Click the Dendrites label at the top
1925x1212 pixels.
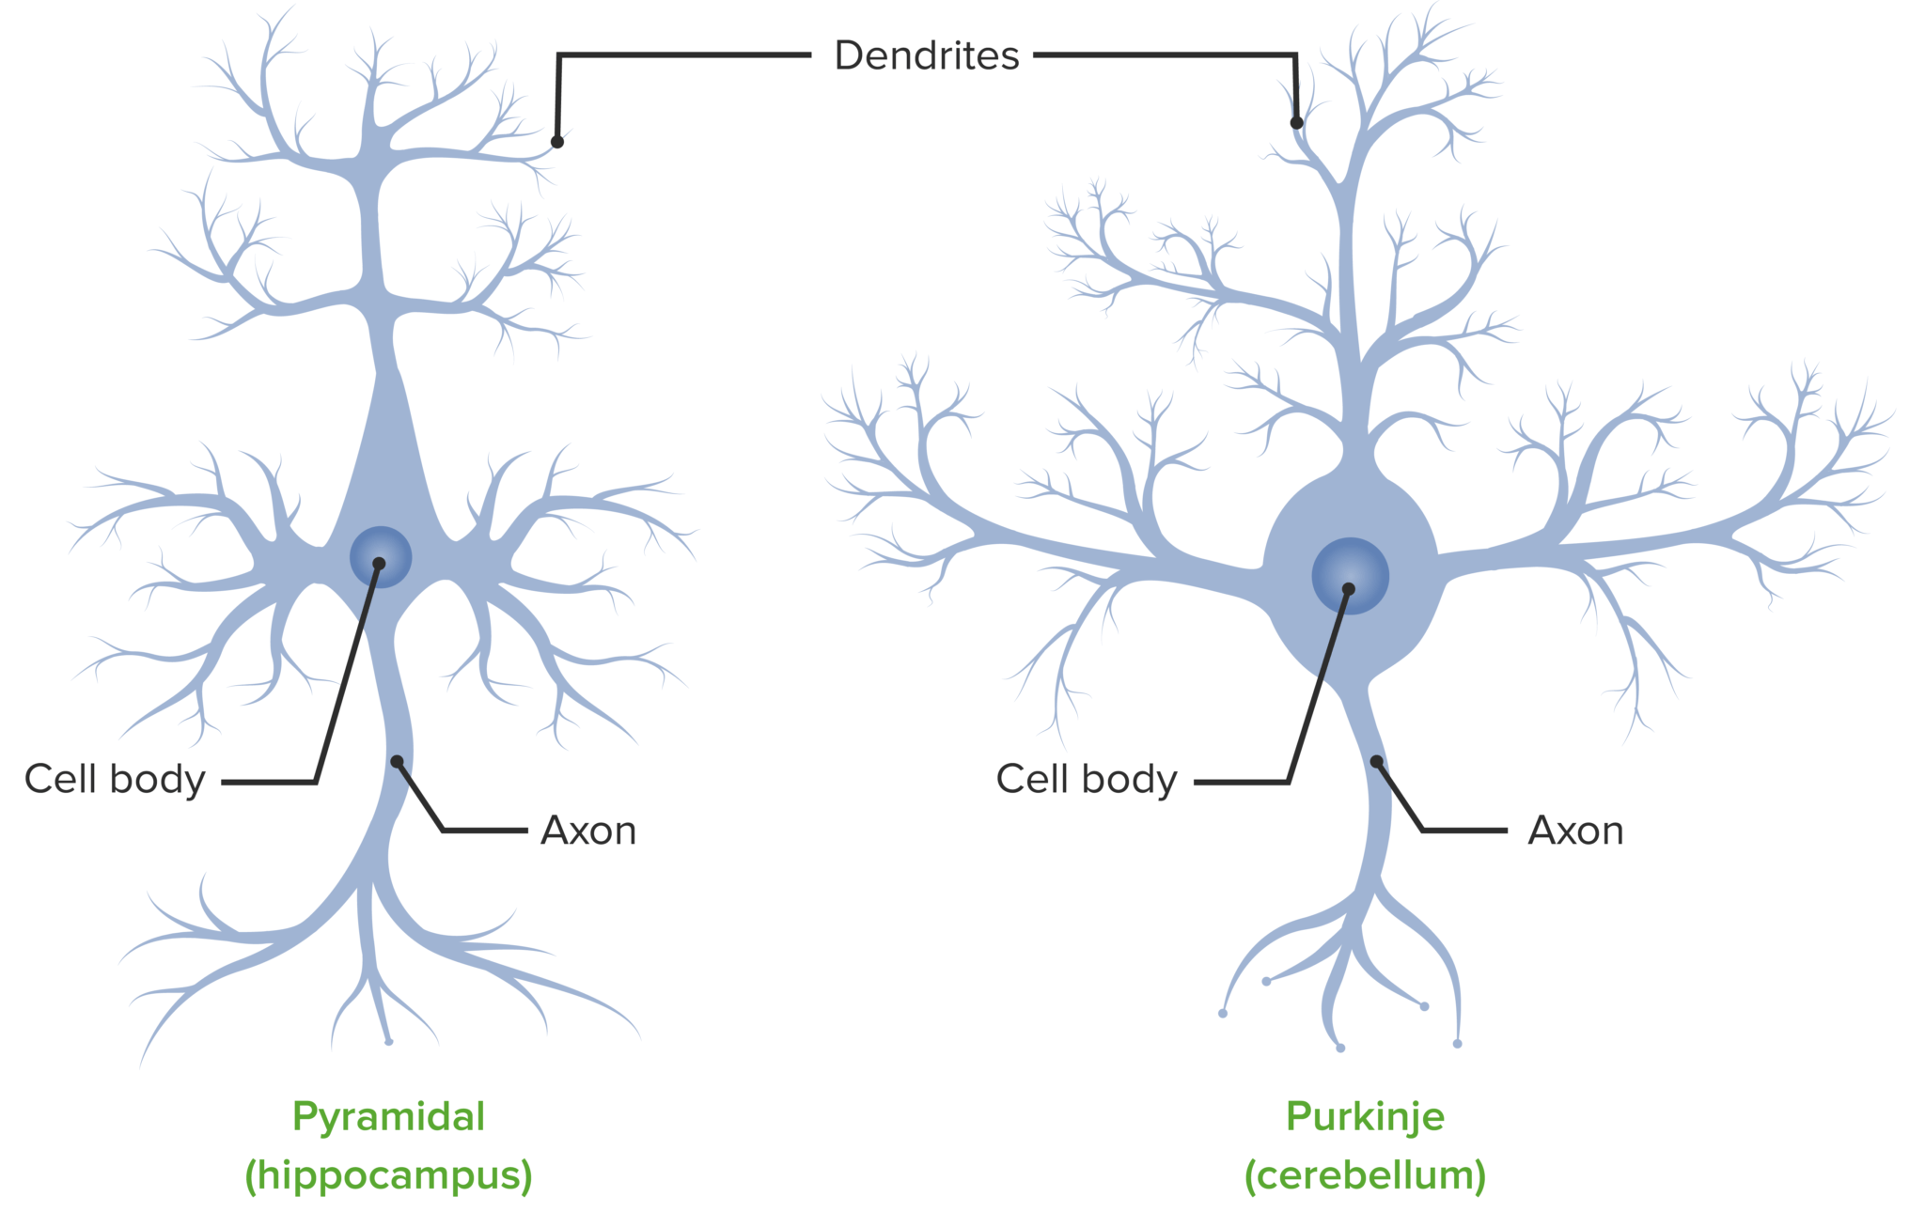(926, 55)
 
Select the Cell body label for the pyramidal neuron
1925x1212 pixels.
(115, 779)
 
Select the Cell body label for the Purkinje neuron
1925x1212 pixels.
(1086, 779)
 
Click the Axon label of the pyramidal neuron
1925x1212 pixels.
(588, 831)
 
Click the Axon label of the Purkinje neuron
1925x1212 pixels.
(1575, 831)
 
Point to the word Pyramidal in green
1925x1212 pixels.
(388, 1116)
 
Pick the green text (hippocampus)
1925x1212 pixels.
(388, 1174)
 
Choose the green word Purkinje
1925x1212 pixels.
(1365, 1116)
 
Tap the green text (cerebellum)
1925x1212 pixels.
(1365, 1174)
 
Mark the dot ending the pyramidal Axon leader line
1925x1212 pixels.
(398, 761)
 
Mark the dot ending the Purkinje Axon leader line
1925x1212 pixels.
(1376, 761)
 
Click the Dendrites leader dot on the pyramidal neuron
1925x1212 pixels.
(557, 142)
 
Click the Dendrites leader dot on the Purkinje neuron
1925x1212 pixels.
(1296, 123)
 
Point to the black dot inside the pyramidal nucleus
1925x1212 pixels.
(379, 564)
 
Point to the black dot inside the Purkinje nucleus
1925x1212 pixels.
(1348, 589)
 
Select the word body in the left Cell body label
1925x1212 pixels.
(157, 779)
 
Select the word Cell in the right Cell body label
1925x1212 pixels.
(1033, 779)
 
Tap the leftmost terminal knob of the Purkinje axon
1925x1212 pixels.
(1223, 1013)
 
